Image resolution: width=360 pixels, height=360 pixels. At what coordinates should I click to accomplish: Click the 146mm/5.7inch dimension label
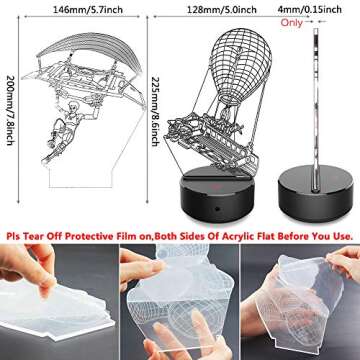click(88, 10)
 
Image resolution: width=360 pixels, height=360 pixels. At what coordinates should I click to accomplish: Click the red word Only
click(292, 22)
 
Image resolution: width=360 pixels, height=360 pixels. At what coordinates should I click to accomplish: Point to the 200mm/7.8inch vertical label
click(10, 110)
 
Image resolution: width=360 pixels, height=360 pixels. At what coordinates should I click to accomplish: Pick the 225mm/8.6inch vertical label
click(155, 111)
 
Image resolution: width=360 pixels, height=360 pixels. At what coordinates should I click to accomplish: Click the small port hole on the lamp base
click(217, 209)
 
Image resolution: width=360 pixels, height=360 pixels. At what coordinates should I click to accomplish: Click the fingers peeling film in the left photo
click(32, 267)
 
